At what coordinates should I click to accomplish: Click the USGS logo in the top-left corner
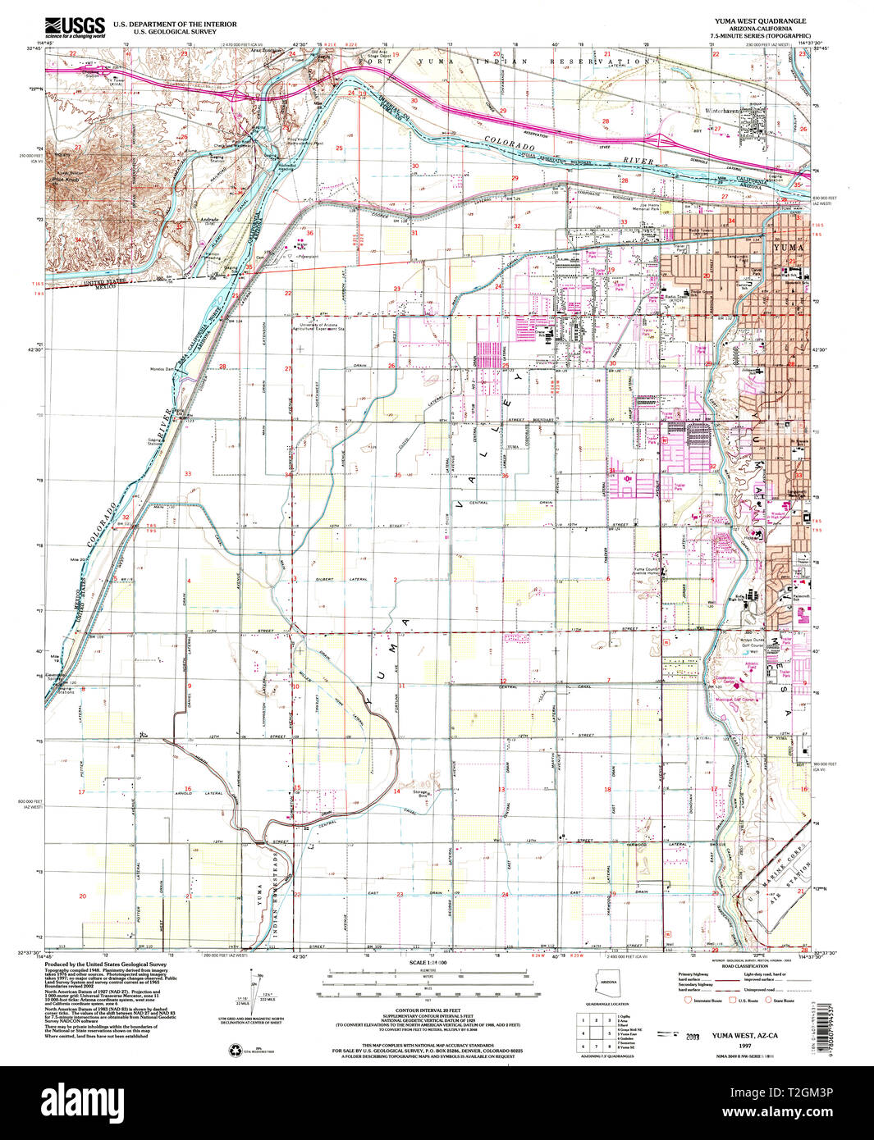[x=76, y=27]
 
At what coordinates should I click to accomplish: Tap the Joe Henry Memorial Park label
[x=644, y=207]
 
